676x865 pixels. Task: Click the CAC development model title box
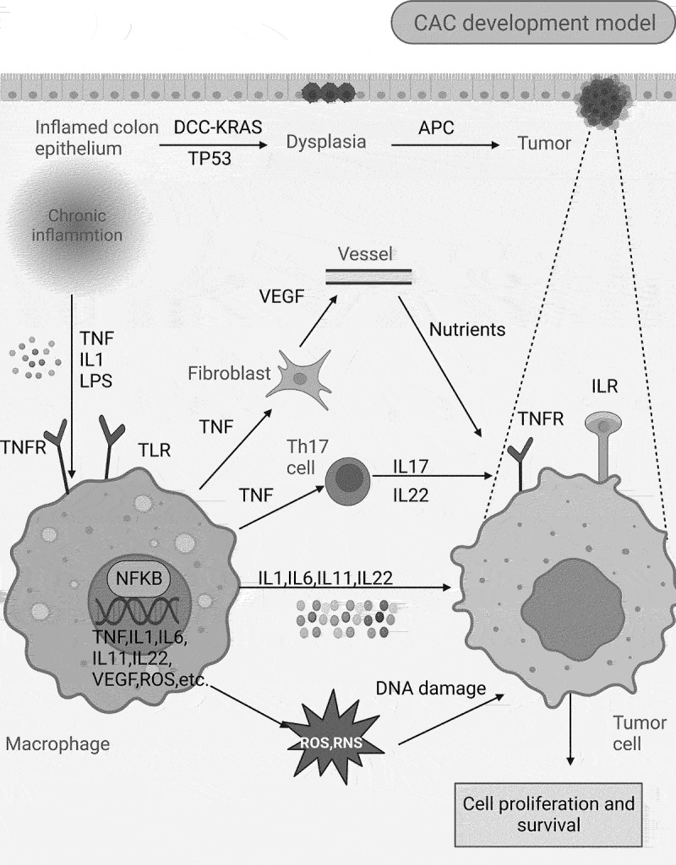pyautogui.click(x=534, y=23)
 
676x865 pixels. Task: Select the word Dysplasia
pyautogui.click(x=325, y=142)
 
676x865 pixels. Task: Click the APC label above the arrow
pyautogui.click(x=436, y=127)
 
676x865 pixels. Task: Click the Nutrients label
pyautogui.click(x=466, y=328)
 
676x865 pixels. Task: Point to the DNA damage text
pyautogui.click(x=431, y=689)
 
